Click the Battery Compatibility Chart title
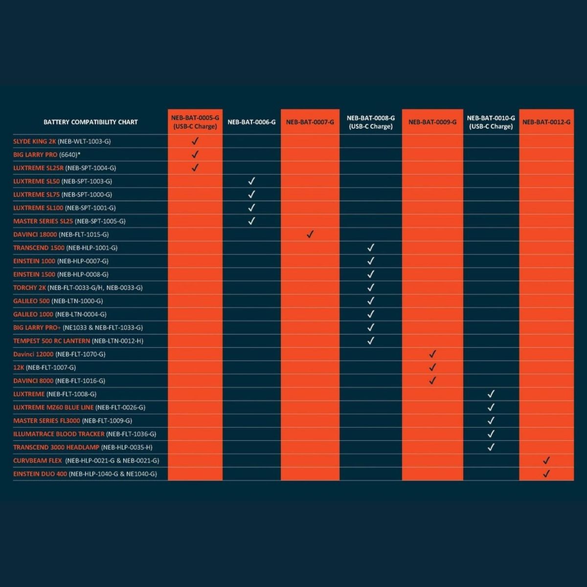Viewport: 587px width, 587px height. click(90, 122)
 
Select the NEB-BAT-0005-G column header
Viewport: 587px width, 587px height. click(195, 122)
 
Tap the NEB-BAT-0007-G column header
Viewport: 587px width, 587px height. click(310, 122)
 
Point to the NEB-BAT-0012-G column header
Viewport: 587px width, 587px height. click(546, 122)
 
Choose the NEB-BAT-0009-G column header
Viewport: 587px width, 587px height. click(432, 122)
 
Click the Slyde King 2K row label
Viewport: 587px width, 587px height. click(62, 141)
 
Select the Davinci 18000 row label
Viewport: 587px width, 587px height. click(61, 234)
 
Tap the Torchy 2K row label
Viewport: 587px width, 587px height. click(78, 288)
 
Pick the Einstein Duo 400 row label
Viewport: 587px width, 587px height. click(85, 474)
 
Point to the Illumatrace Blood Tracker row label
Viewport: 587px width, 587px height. click(85, 434)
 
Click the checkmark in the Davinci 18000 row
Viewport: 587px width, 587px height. click(310, 234)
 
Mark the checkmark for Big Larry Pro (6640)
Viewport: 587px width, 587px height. click(195, 155)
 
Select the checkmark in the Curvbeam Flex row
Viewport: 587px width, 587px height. click(546, 460)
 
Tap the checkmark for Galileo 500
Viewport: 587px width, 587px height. click(370, 301)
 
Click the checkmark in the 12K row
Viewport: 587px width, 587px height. click(432, 367)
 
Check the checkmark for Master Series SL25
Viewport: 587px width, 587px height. click(251, 221)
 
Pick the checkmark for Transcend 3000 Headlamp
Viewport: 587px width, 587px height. click(491, 447)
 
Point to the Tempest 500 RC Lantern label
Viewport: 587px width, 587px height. click(78, 341)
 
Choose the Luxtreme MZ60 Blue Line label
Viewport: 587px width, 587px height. click(79, 407)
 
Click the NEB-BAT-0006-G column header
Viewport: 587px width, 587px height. click(251, 122)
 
